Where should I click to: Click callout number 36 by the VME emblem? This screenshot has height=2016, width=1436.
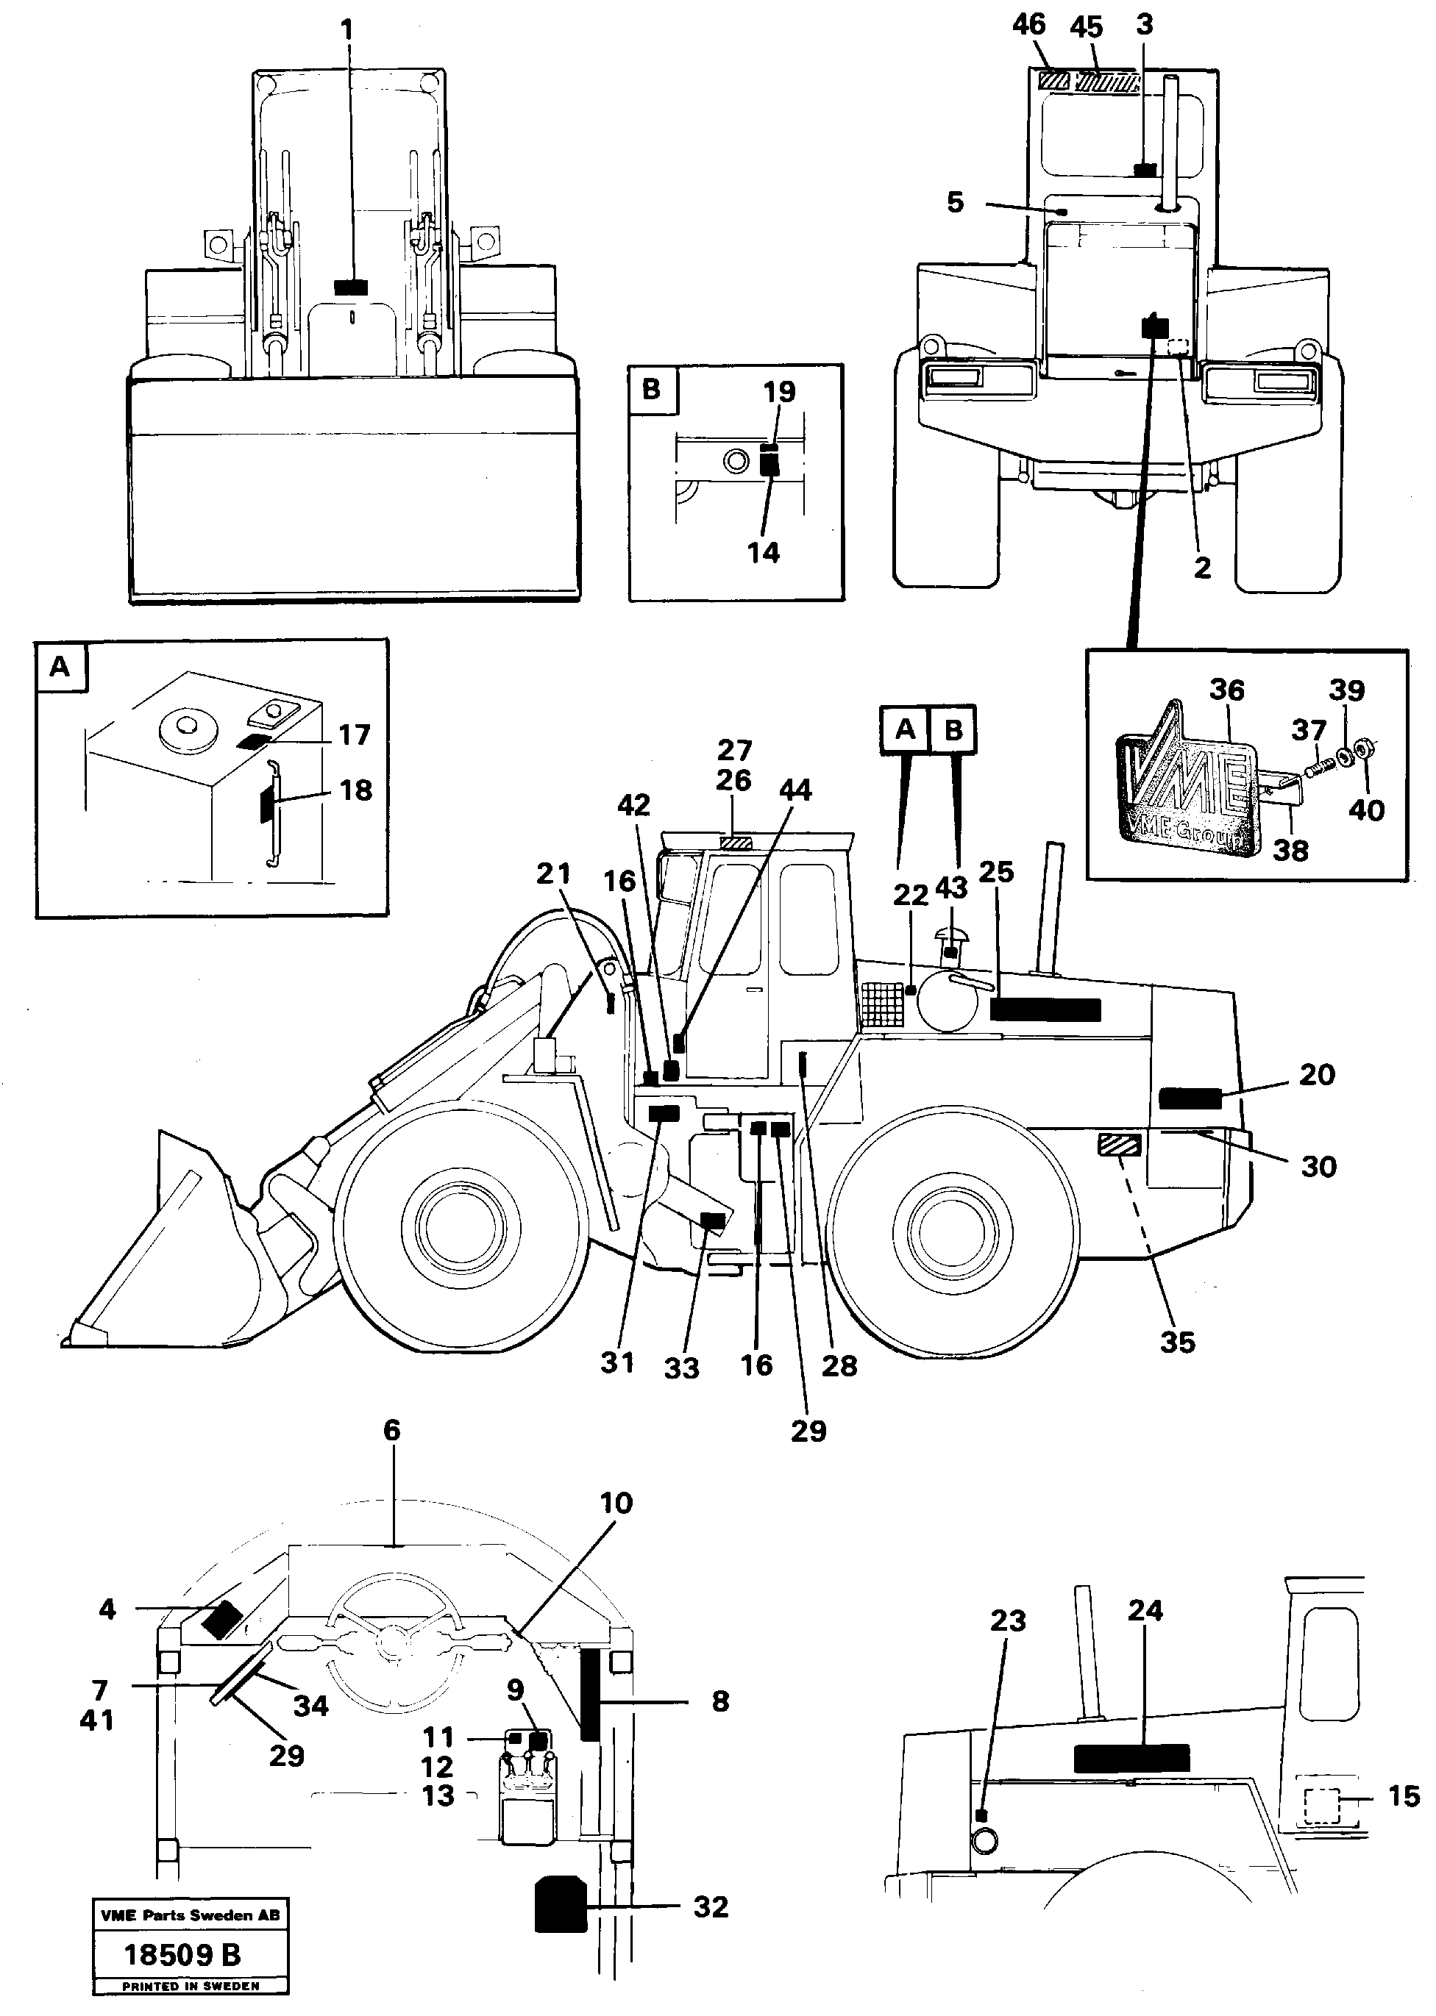click(1226, 690)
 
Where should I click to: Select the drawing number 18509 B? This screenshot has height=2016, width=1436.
click(182, 1954)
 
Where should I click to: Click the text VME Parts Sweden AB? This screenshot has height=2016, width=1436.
click(190, 1915)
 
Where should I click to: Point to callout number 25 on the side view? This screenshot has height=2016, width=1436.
click(997, 872)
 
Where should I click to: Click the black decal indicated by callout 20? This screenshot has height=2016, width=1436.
click(1190, 1098)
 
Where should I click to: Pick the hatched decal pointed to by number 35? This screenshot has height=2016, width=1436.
click(1118, 1145)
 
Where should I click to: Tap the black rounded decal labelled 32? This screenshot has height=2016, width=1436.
click(561, 1906)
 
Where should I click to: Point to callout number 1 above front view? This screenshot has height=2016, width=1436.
click(346, 30)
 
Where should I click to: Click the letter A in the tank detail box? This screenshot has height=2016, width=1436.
click(60, 665)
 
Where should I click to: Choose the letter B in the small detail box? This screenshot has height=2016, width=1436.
click(652, 389)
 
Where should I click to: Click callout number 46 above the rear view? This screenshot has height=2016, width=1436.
click(1028, 25)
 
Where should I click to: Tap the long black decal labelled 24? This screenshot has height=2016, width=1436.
click(1131, 1758)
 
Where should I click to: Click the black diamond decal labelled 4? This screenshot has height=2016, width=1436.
click(220, 1619)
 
